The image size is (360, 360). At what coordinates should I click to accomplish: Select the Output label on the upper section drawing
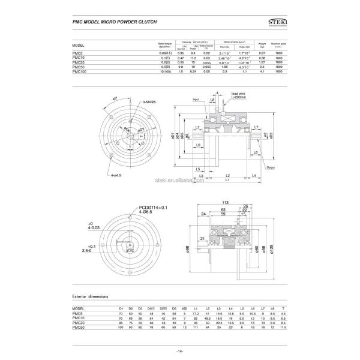coord(270,167)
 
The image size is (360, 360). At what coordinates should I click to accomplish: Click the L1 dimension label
coord(227,180)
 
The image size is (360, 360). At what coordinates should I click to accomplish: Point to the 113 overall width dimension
coord(226,202)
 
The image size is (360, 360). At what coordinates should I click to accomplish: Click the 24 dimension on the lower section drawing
coord(203,213)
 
